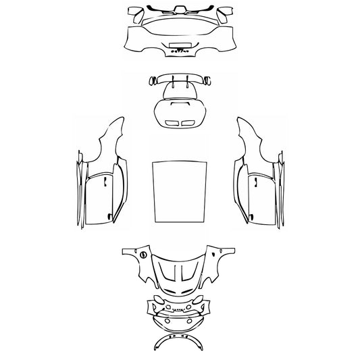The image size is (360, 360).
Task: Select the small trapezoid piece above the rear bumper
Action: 180,9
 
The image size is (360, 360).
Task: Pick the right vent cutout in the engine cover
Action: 189,122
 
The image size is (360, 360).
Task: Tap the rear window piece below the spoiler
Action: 180,91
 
